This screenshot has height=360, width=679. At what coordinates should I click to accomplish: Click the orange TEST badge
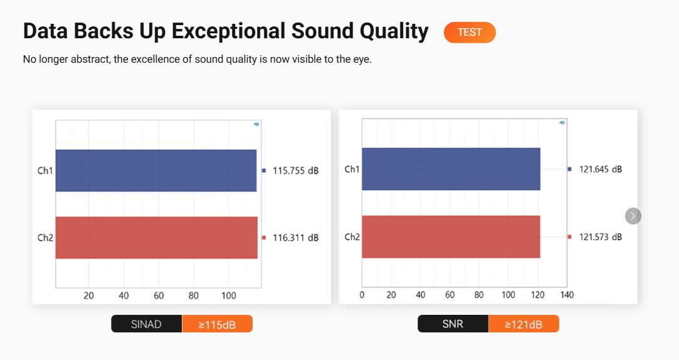click(x=470, y=33)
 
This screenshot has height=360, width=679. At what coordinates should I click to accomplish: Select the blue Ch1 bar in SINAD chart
click(x=156, y=170)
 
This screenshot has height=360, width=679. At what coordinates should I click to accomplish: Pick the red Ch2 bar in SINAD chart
click(x=156, y=238)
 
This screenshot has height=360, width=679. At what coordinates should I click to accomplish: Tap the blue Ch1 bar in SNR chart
click(x=451, y=169)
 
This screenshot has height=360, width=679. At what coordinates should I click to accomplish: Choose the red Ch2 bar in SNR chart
click(x=451, y=236)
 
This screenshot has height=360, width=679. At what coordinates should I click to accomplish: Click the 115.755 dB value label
click(x=295, y=171)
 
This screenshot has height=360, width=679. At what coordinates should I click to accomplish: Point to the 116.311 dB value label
click(x=295, y=238)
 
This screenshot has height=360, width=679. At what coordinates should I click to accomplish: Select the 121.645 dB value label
click(x=601, y=169)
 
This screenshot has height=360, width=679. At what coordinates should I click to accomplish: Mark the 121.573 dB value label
click(x=601, y=237)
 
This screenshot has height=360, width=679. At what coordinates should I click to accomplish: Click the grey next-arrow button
click(x=633, y=216)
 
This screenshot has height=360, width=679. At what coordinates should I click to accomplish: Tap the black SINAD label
click(x=146, y=324)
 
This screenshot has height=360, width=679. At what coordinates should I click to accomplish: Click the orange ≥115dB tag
click(x=217, y=324)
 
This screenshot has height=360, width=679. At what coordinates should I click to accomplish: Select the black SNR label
click(x=453, y=324)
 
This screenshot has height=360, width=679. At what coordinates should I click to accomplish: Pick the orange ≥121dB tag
click(x=524, y=324)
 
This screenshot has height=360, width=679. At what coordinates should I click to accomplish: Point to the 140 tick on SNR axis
click(x=567, y=295)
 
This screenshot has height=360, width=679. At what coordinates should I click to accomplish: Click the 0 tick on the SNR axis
click(x=362, y=295)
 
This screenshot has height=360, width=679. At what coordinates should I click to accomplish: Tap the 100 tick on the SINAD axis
click(x=229, y=296)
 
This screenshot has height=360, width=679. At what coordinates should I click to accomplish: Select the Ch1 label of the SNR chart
click(x=352, y=169)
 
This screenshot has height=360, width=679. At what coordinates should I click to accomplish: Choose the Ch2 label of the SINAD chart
click(x=45, y=238)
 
